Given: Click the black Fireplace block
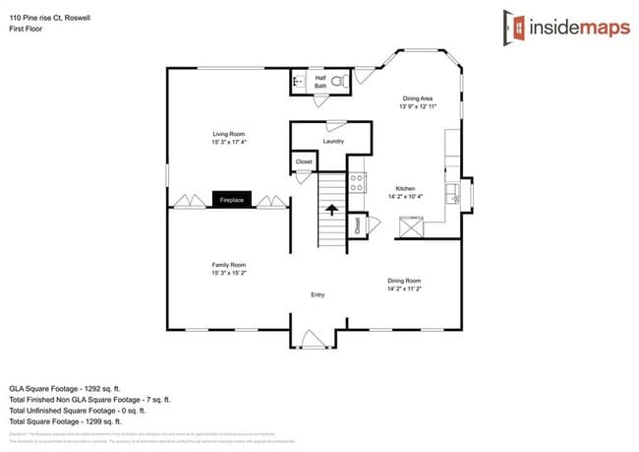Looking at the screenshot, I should coord(232,200).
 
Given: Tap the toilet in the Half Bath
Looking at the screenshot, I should coord(337,81).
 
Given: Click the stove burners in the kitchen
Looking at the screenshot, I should coord(358,182).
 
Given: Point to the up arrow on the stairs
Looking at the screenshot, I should coord(331,209).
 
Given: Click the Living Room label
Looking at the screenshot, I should coord(228,134).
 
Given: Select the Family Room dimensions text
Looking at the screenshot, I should coord(228,273).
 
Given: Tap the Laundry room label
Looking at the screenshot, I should coord(332,142).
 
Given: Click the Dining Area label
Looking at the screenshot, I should coord(418,97).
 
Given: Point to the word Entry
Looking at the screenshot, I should coord(318,294).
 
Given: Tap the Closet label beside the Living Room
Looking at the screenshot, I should coord(304,161).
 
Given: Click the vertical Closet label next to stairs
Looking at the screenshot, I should coord(358,226).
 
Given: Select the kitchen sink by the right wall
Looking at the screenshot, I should coord(454,194).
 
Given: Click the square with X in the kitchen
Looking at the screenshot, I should coord(409,228).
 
